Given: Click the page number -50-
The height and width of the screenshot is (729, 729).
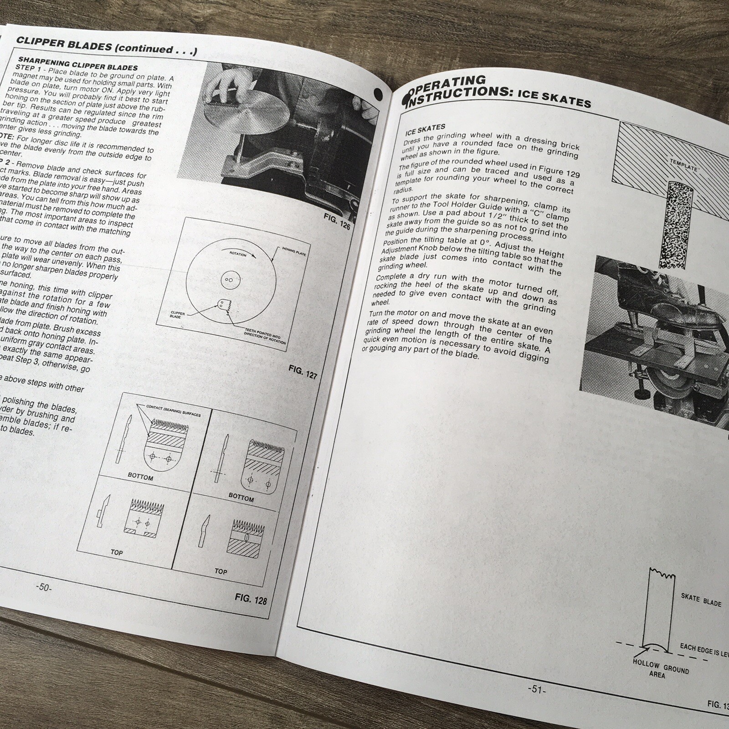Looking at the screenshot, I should coord(44,587).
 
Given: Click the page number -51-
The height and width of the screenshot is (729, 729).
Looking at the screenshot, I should coord(536,689).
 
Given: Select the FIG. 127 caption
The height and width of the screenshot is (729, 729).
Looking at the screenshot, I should coord(303,372).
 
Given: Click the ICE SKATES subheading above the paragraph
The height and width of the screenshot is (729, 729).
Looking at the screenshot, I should coord(425,129).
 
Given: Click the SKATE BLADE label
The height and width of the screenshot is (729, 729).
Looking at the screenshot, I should coord(701,600).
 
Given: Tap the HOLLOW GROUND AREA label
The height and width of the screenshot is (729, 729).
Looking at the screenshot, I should coord(660,667).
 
